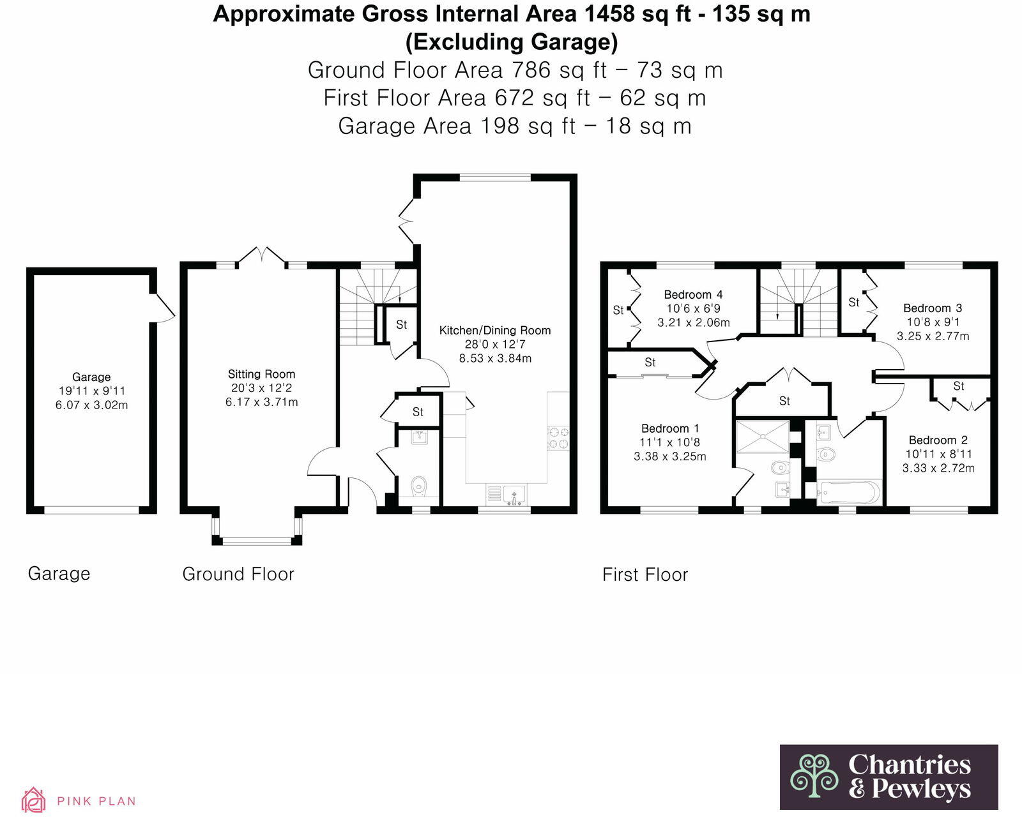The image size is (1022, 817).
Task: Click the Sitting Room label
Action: (261, 374)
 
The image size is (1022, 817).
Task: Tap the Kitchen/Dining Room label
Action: (494, 330)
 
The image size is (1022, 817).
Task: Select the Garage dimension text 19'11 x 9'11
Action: (91, 391)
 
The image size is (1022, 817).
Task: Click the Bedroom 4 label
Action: (693, 294)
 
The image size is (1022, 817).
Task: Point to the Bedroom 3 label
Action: (932, 308)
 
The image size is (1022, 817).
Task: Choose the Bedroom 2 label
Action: (938, 440)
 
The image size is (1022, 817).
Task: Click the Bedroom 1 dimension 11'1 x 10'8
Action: (669, 442)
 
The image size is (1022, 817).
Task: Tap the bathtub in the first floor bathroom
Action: (849, 493)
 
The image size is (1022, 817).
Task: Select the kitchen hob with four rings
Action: (558, 438)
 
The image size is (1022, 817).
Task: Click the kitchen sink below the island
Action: (514, 494)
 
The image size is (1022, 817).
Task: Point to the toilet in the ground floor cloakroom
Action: (419, 486)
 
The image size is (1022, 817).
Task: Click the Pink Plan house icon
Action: (33, 800)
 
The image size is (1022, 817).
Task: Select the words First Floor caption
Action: (644, 574)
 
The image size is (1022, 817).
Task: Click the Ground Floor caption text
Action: (238, 574)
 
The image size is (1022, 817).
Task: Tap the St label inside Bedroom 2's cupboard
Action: (958, 386)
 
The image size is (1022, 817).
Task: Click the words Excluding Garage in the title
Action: (512, 41)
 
